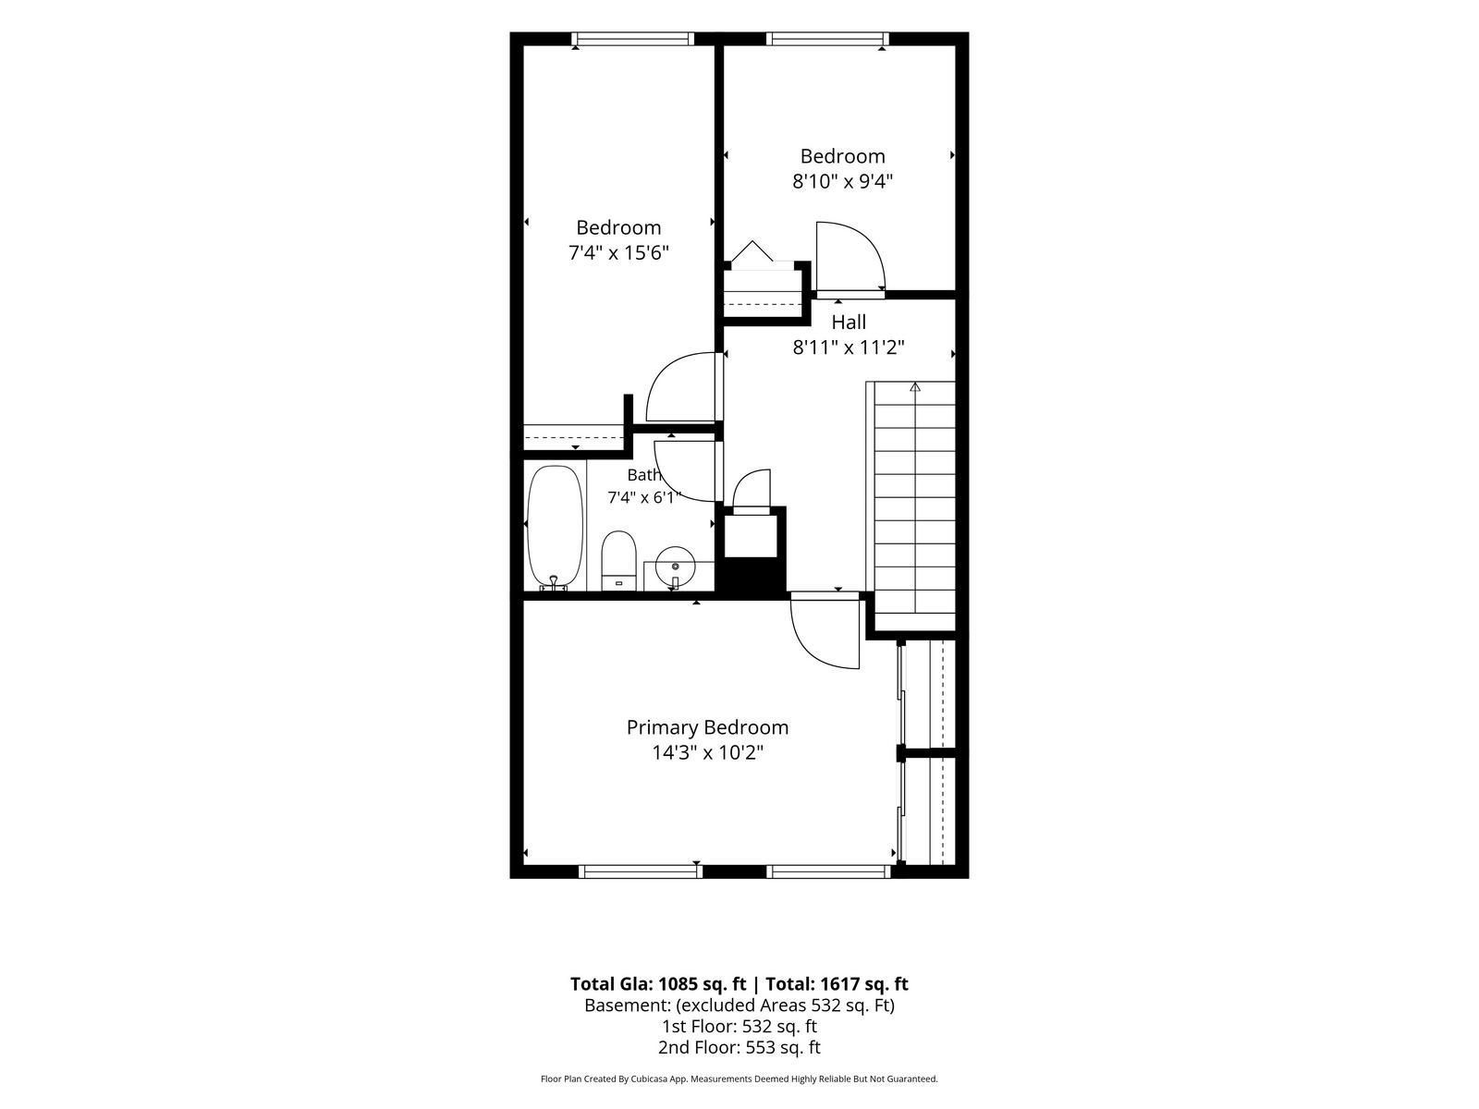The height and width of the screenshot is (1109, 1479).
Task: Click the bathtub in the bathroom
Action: pyautogui.click(x=555, y=527)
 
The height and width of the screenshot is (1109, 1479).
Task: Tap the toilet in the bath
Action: pyautogui.click(x=618, y=560)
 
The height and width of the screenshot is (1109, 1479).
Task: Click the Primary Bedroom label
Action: pyautogui.click(x=707, y=727)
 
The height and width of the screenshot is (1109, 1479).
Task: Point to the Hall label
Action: pyautogui.click(x=849, y=323)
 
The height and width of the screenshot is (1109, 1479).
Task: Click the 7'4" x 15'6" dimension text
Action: pyautogui.click(x=618, y=253)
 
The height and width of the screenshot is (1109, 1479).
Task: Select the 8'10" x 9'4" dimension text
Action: pyautogui.click(x=842, y=181)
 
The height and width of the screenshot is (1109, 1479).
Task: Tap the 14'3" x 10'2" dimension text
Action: pyautogui.click(x=707, y=752)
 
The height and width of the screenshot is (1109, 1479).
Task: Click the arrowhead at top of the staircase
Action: pyautogui.click(x=914, y=386)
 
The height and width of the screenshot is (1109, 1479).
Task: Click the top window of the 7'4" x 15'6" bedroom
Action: pyautogui.click(x=632, y=39)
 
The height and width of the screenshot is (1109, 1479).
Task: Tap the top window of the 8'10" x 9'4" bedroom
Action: pyautogui.click(x=827, y=39)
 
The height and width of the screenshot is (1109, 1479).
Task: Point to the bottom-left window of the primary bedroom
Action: pyautogui.click(x=641, y=872)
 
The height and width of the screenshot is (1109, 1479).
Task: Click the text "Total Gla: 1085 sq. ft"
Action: pyautogui.click(x=658, y=983)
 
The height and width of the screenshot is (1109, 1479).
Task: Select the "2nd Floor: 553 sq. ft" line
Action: pyautogui.click(x=739, y=1047)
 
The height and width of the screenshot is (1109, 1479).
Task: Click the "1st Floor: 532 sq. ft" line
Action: pyautogui.click(x=739, y=1026)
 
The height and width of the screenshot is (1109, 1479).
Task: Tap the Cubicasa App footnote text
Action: pyautogui.click(x=739, y=1079)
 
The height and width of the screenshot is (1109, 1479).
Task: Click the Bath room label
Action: pyautogui.click(x=643, y=475)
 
